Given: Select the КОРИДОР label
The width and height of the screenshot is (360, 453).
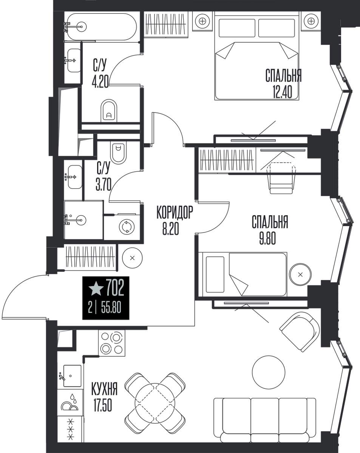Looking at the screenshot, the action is pos(175,213).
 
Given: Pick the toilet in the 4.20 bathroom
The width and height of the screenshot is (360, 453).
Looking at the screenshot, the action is pos(109,111).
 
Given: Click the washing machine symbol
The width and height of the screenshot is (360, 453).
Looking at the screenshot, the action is pos(127,226).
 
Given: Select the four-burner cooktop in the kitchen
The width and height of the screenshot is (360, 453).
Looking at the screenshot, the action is pos(111,343).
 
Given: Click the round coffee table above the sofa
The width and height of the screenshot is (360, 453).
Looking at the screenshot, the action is pos(269,372).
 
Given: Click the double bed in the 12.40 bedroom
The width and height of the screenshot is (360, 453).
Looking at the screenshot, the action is pos(257,56).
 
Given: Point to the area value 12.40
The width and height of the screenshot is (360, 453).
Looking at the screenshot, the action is pos(283,93).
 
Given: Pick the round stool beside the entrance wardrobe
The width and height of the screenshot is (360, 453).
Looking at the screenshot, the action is pos(132,258).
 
